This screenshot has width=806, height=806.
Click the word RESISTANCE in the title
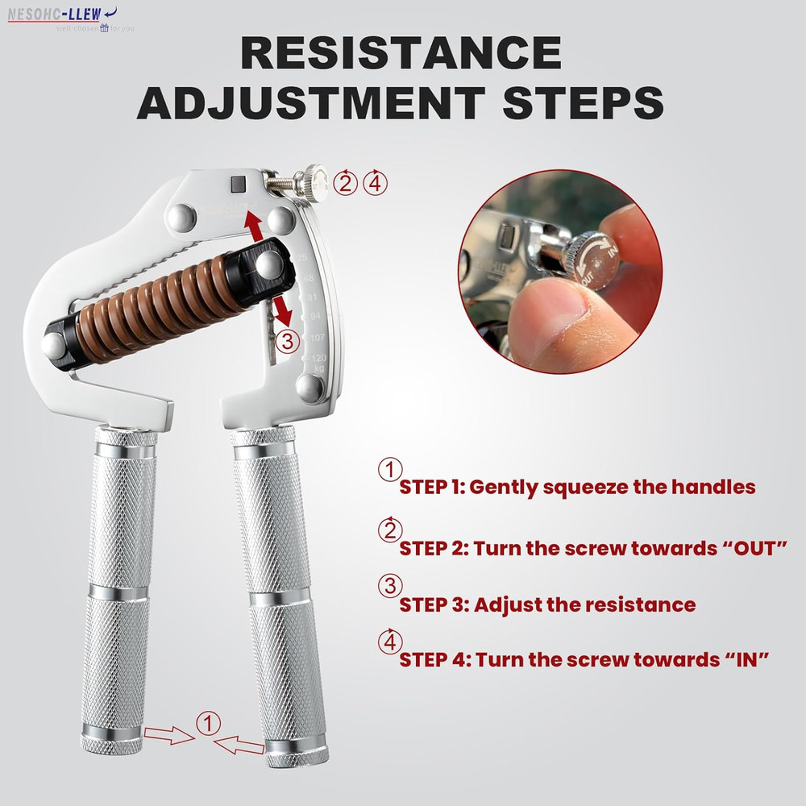point(401,54)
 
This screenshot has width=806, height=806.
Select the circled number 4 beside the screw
point(374,183)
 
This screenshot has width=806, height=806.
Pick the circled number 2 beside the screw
point(346,183)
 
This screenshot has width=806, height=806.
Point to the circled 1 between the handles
point(209,724)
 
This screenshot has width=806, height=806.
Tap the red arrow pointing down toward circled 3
point(282,310)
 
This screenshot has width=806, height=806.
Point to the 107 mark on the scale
point(317,337)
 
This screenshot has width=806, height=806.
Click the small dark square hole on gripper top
point(238,184)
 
